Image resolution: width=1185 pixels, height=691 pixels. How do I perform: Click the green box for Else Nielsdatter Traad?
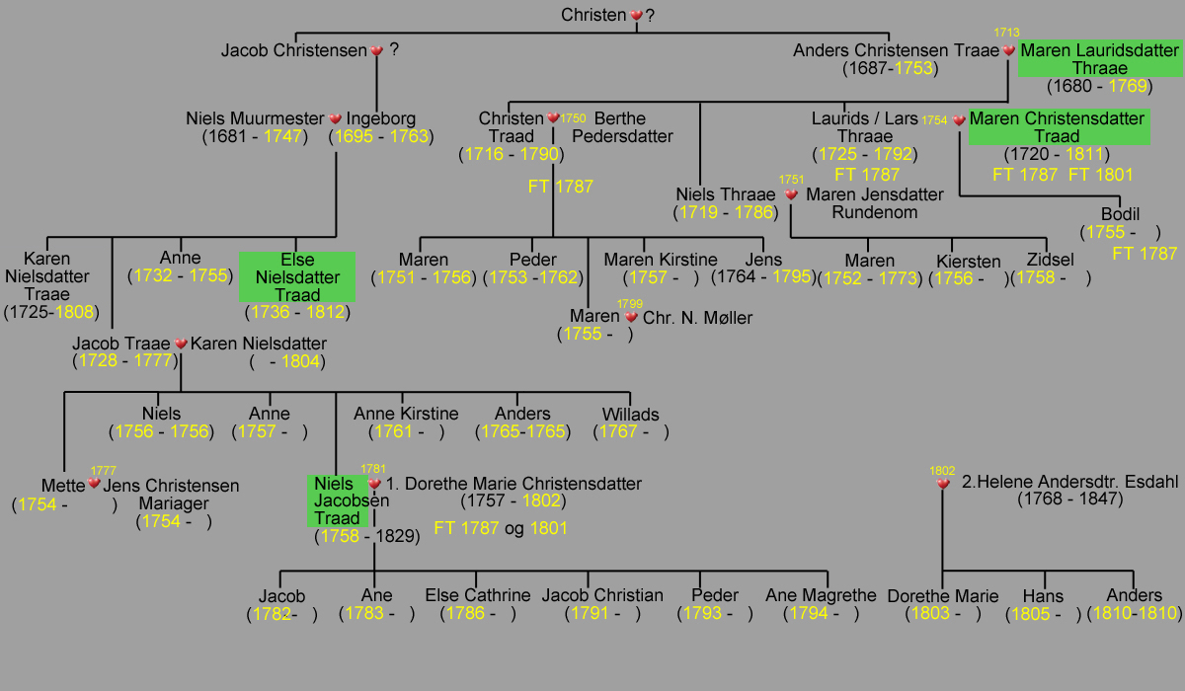pyautogui.click(x=297, y=277)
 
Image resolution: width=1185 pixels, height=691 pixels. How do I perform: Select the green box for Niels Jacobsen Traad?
pyautogui.click(x=338, y=500)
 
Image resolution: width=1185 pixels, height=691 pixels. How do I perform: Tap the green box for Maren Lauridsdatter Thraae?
pyautogui.click(x=1100, y=58)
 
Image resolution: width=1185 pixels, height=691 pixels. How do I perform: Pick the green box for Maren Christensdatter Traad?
pyautogui.click(x=1059, y=127)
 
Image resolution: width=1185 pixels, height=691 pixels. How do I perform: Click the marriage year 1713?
pyautogui.click(x=1006, y=33)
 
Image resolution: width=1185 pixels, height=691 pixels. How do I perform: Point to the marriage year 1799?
pyautogui.click(x=630, y=304)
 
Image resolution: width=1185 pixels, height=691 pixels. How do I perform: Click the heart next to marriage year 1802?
pyautogui.click(x=943, y=484)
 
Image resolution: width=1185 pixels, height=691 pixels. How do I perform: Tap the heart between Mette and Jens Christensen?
pyautogui.click(x=94, y=483)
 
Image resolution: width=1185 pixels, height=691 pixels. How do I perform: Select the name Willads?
pyautogui.click(x=631, y=414)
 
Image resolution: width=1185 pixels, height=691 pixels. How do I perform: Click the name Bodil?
pyautogui.click(x=1120, y=214)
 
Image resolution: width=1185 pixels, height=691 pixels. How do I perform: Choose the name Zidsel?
pyautogui.click(x=1050, y=260)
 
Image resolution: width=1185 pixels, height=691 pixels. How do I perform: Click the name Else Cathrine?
pyautogui.click(x=478, y=595)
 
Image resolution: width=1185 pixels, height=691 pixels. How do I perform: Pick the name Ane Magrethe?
pyautogui.click(x=821, y=595)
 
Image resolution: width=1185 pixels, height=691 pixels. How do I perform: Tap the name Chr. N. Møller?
pyautogui.click(x=697, y=318)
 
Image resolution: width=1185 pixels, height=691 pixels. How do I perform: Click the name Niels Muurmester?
pyautogui.click(x=255, y=118)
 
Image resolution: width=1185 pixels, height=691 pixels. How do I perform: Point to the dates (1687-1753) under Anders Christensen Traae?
pyautogui.click(x=891, y=68)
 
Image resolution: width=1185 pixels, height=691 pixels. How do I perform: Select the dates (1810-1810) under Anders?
pyautogui.click(x=1135, y=613)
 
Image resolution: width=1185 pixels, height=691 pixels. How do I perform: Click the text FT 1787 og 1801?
pyautogui.click(x=501, y=528)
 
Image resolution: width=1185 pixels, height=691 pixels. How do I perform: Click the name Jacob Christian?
pyautogui.click(x=602, y=595)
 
